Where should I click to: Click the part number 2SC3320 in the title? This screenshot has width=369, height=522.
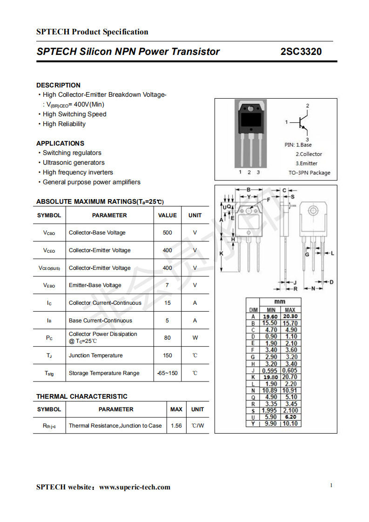[x=301, y=52]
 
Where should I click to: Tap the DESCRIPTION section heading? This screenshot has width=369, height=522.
[x=58, y=85]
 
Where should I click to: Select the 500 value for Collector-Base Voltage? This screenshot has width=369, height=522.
[x=168, y=233]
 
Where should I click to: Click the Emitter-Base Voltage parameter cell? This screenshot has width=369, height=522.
[x=95, y=285]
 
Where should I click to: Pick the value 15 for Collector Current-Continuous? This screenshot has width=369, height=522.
[x=168, y=303]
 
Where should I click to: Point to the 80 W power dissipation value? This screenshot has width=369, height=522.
[x=168, y=338]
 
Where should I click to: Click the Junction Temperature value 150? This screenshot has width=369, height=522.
[x=168, y=355]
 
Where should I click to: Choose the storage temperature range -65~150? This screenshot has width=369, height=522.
[x=168, y=373]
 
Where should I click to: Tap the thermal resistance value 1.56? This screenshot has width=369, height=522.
[x=176, y=426]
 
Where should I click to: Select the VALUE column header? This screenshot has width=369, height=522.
[x=168, y=215]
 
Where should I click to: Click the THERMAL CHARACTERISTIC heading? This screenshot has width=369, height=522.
[x=82, y=396]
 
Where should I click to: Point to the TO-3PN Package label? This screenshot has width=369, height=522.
[x=309, y=173]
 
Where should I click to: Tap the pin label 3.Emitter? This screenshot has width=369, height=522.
[x=307, y=163]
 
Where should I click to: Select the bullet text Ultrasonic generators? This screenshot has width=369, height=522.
[x=74, y=162]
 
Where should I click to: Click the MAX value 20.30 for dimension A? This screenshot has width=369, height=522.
[x=290, y=316]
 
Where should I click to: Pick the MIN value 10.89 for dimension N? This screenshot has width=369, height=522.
[x=269, y=390]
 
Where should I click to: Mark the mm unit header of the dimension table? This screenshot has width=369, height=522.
[x=280, y=301]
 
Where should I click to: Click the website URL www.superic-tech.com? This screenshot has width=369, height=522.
[x=135, y=487]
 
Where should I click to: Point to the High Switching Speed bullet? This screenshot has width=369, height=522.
[x=74, y=114]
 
